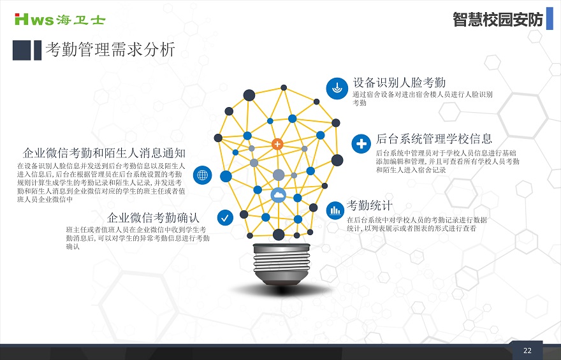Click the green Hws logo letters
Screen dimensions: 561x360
(x=34, y=19)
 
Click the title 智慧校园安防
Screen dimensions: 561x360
(x=498, y=19)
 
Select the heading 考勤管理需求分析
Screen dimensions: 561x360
(x=110, y=49)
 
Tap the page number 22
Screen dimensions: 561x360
(x=527, y=350)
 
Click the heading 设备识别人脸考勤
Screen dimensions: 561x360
(x=399, y=82)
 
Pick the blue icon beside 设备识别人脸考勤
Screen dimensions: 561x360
(x=337, y=89)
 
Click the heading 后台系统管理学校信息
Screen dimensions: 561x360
(x=434, y=139)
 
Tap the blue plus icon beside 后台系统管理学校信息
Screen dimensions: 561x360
(x=361, y=144)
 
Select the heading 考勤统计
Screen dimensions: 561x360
(x=369, y=206)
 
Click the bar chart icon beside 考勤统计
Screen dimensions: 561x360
(x=335, y=210)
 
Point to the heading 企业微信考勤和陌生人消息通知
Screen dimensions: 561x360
(x=104, y=153)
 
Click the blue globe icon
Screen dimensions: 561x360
(x=203, y=175)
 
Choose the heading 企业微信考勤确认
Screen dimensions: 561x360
(x=153, y=217)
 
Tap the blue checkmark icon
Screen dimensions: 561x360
(x=225, y=218)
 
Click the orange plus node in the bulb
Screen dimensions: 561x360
(x=277, y=144)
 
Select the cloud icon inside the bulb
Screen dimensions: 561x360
(x=279, y=195)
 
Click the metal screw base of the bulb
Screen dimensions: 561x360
(x=281, y=264)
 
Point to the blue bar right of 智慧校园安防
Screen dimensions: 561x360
(x=550, y=18)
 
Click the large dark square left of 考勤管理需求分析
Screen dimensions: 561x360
(x=22, y=50)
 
